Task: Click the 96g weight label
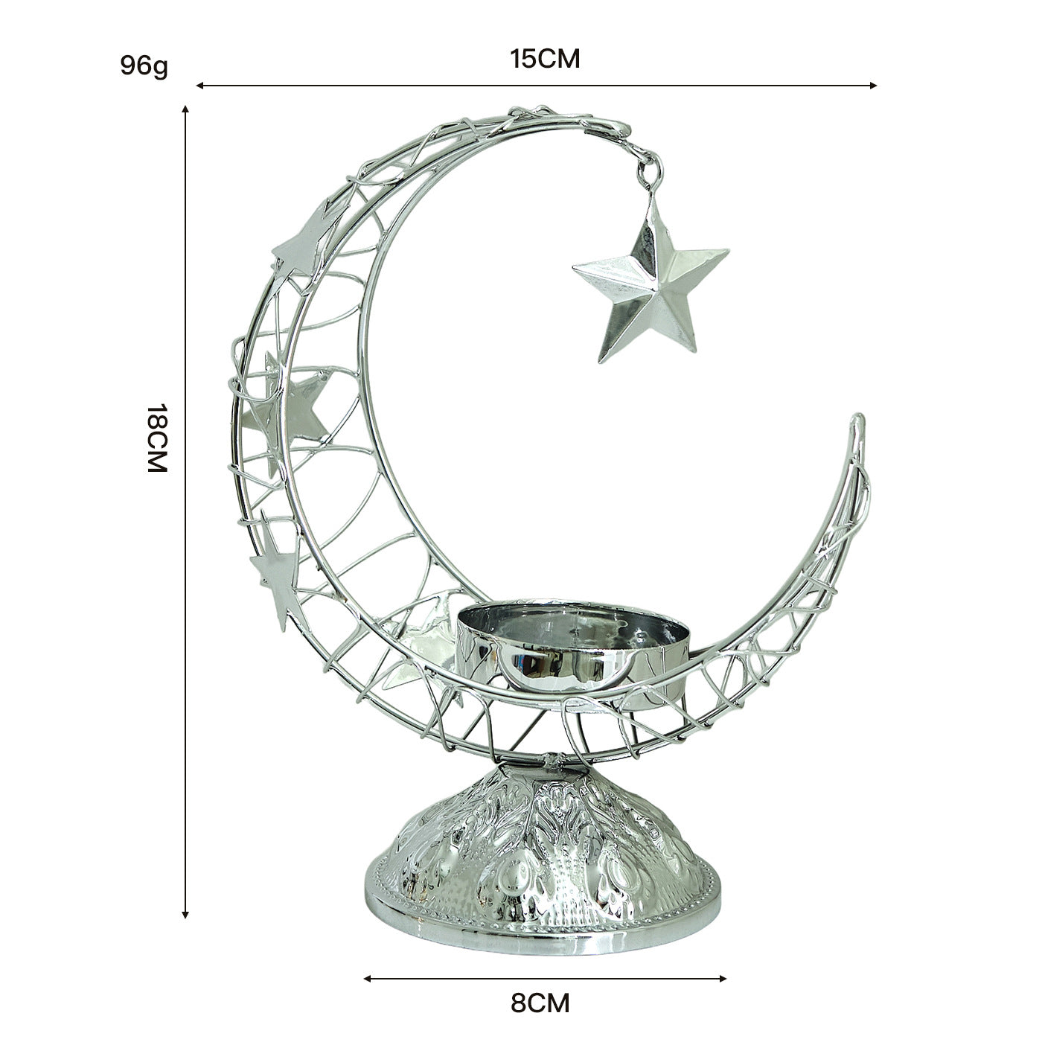point(144,65)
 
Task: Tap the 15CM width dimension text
point(545,59)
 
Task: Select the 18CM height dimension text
point(158,438)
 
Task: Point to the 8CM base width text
point(540,1003)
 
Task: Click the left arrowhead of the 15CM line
point(199,86)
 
